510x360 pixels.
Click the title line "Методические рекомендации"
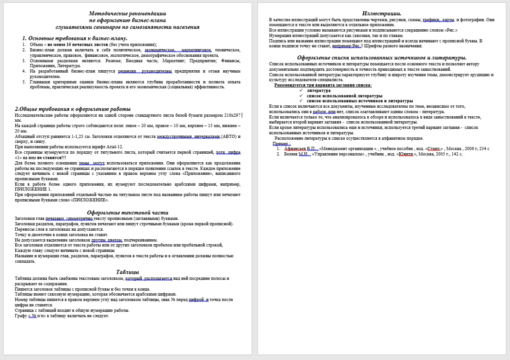pyautogui.click(x=127, y=14)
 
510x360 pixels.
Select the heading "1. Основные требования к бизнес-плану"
pyautogui.click(x=75, y=38)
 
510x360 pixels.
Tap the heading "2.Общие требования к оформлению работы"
pyautogui.click(x=72, y=109)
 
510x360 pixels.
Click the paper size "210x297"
pyautogui.click(x=231, y=115)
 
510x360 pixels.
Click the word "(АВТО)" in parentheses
pyautogui.click(x=229, y=137)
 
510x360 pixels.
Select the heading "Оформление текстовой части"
pyautogui.click(x=127, y=213)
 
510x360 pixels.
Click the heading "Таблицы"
pyautogui.click(x=127, y=272)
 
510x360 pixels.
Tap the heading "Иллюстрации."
pyautogui.click(x=382, y=14)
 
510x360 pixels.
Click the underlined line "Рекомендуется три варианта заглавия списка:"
pyautogui.click(x=323, y=85)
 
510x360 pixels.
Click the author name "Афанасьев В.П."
pyautogui.click(x=300, y=149)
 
